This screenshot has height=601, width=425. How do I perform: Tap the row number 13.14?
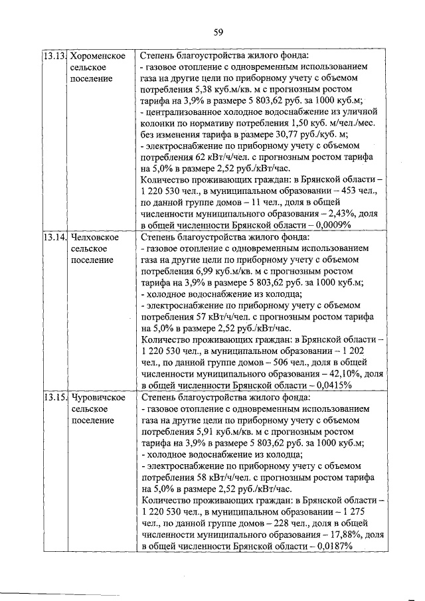54,237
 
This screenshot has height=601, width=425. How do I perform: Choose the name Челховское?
94,237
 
